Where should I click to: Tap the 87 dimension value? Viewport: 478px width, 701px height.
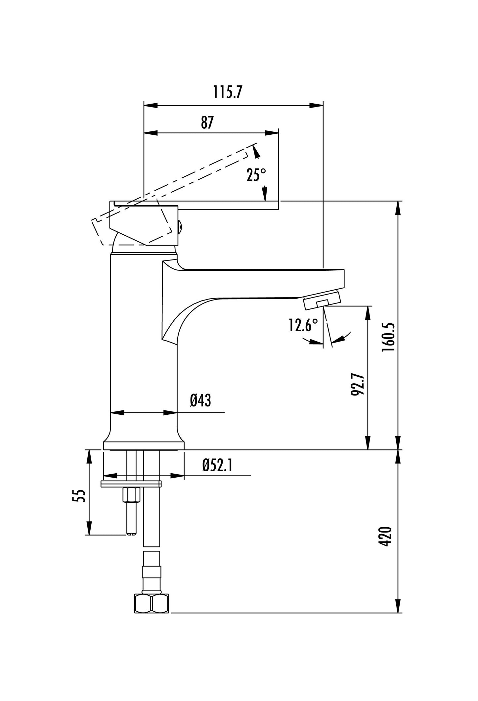click(207, 122)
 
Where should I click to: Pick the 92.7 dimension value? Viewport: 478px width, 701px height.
click(357, 385)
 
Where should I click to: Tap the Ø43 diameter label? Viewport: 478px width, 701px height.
click(200, 401)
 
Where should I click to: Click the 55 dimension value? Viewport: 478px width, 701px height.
click(79, 496)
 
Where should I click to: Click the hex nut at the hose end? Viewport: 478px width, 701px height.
click(152, 604)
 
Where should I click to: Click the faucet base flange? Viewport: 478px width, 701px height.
click(144, 445)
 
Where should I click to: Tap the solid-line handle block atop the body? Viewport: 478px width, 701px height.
click(144, 223)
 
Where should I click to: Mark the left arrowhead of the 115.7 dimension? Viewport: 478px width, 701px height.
click(151, 106)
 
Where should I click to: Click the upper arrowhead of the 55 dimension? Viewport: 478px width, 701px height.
click(89, 457)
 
